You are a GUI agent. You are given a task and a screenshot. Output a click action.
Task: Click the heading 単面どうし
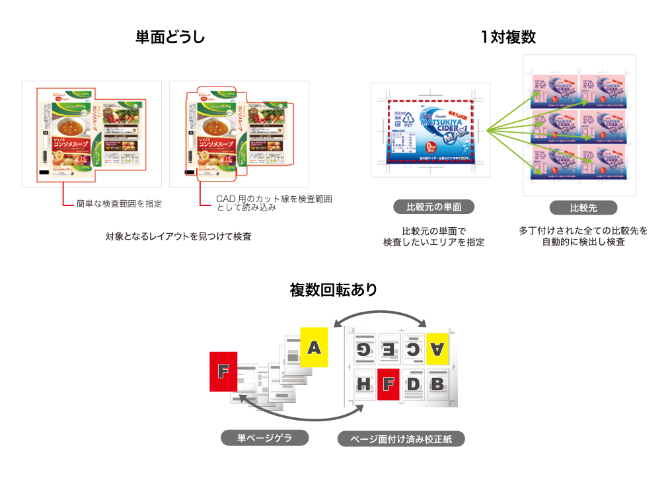coord(170,38)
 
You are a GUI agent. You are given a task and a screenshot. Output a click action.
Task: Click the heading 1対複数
coord(507,38)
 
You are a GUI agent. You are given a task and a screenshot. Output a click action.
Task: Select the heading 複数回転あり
coord(334,290)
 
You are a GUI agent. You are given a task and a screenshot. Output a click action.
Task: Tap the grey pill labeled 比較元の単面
coord(434,207)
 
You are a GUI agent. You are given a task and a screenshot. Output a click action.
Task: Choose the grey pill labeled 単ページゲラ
coord(264,437)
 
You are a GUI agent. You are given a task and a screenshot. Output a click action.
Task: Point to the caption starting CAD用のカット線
coord(274,203)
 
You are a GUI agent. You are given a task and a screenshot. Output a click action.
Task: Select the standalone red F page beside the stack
coord(223,372)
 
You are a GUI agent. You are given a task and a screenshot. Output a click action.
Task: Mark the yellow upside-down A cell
coord(437,349)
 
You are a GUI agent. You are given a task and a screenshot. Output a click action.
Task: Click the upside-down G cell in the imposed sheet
coord(363,349)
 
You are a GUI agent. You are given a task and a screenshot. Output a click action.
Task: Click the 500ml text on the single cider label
coord(400,114)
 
